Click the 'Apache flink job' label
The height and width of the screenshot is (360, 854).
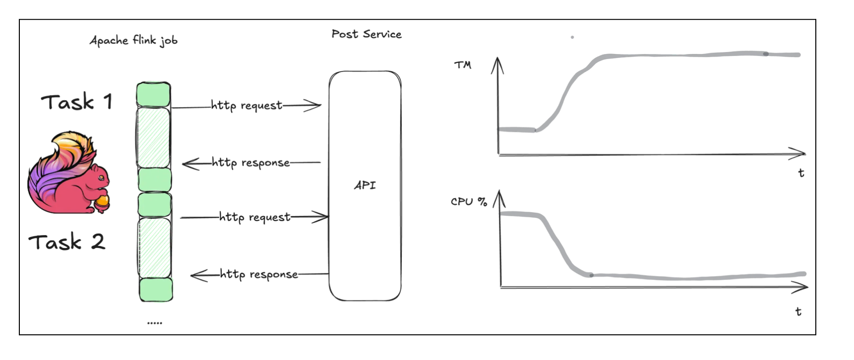[x=133, y=40]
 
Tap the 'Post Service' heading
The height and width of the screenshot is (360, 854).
[x=366, y=34]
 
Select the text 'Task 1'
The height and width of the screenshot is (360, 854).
[x=77, y=102]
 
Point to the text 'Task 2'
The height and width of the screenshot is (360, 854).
[x=67, y=242]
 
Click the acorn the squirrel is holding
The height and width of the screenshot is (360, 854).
[x=103, y=202]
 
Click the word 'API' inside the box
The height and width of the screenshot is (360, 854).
[x=365, y=185]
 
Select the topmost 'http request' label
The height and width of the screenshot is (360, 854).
[x=246, y=105]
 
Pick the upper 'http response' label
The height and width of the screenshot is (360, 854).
[x=250, y=163]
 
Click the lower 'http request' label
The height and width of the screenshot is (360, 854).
[x=254, y=217]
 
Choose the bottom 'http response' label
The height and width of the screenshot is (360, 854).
[x=259, y=274]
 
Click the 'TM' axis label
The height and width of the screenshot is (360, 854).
[x=463, y=65]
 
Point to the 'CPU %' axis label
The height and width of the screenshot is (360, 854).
[x=469, y=201]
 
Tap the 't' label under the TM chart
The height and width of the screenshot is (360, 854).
[x=801, y=173]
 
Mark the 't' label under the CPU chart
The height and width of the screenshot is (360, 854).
[x=798, y=311]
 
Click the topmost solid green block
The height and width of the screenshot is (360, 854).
[x=154, y=94]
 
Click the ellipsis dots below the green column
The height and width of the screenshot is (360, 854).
[x=155, y=323]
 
